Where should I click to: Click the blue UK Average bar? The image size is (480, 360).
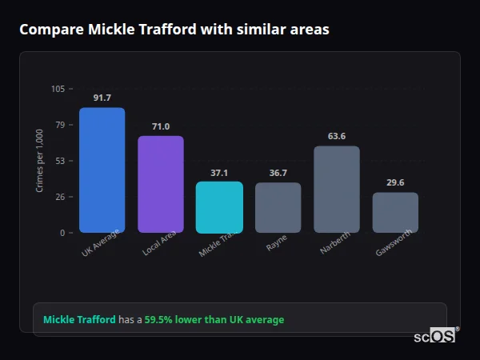click(102, 170)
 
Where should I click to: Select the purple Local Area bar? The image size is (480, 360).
click(161, 185)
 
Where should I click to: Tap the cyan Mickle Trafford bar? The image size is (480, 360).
click(219, 207)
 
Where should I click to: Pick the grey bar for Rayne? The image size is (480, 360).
click(278, 208)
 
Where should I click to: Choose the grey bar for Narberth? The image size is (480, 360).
click(337, 190)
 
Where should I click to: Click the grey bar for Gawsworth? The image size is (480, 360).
click(395, 213)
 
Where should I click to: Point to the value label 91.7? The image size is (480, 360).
click(102, 98)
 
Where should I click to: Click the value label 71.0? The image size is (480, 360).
click(161, 126)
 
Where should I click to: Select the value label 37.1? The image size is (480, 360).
click(219, 172)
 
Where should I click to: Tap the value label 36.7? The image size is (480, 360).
click(278, 173)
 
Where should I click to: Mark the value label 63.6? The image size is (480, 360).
click(337, 136)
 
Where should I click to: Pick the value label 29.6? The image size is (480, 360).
click(395, 182)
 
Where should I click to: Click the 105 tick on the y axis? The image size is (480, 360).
click(58, 89)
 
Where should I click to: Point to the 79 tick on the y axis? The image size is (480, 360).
click(60, 125)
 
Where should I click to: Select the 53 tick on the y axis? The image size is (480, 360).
click(60, 161)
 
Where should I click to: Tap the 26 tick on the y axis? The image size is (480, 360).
click(60, 197)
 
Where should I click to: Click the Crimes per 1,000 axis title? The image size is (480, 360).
click(39, 160)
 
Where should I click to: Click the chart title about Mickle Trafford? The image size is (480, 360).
click(174, 29)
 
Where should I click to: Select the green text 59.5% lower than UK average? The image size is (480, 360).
click(214, 320)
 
